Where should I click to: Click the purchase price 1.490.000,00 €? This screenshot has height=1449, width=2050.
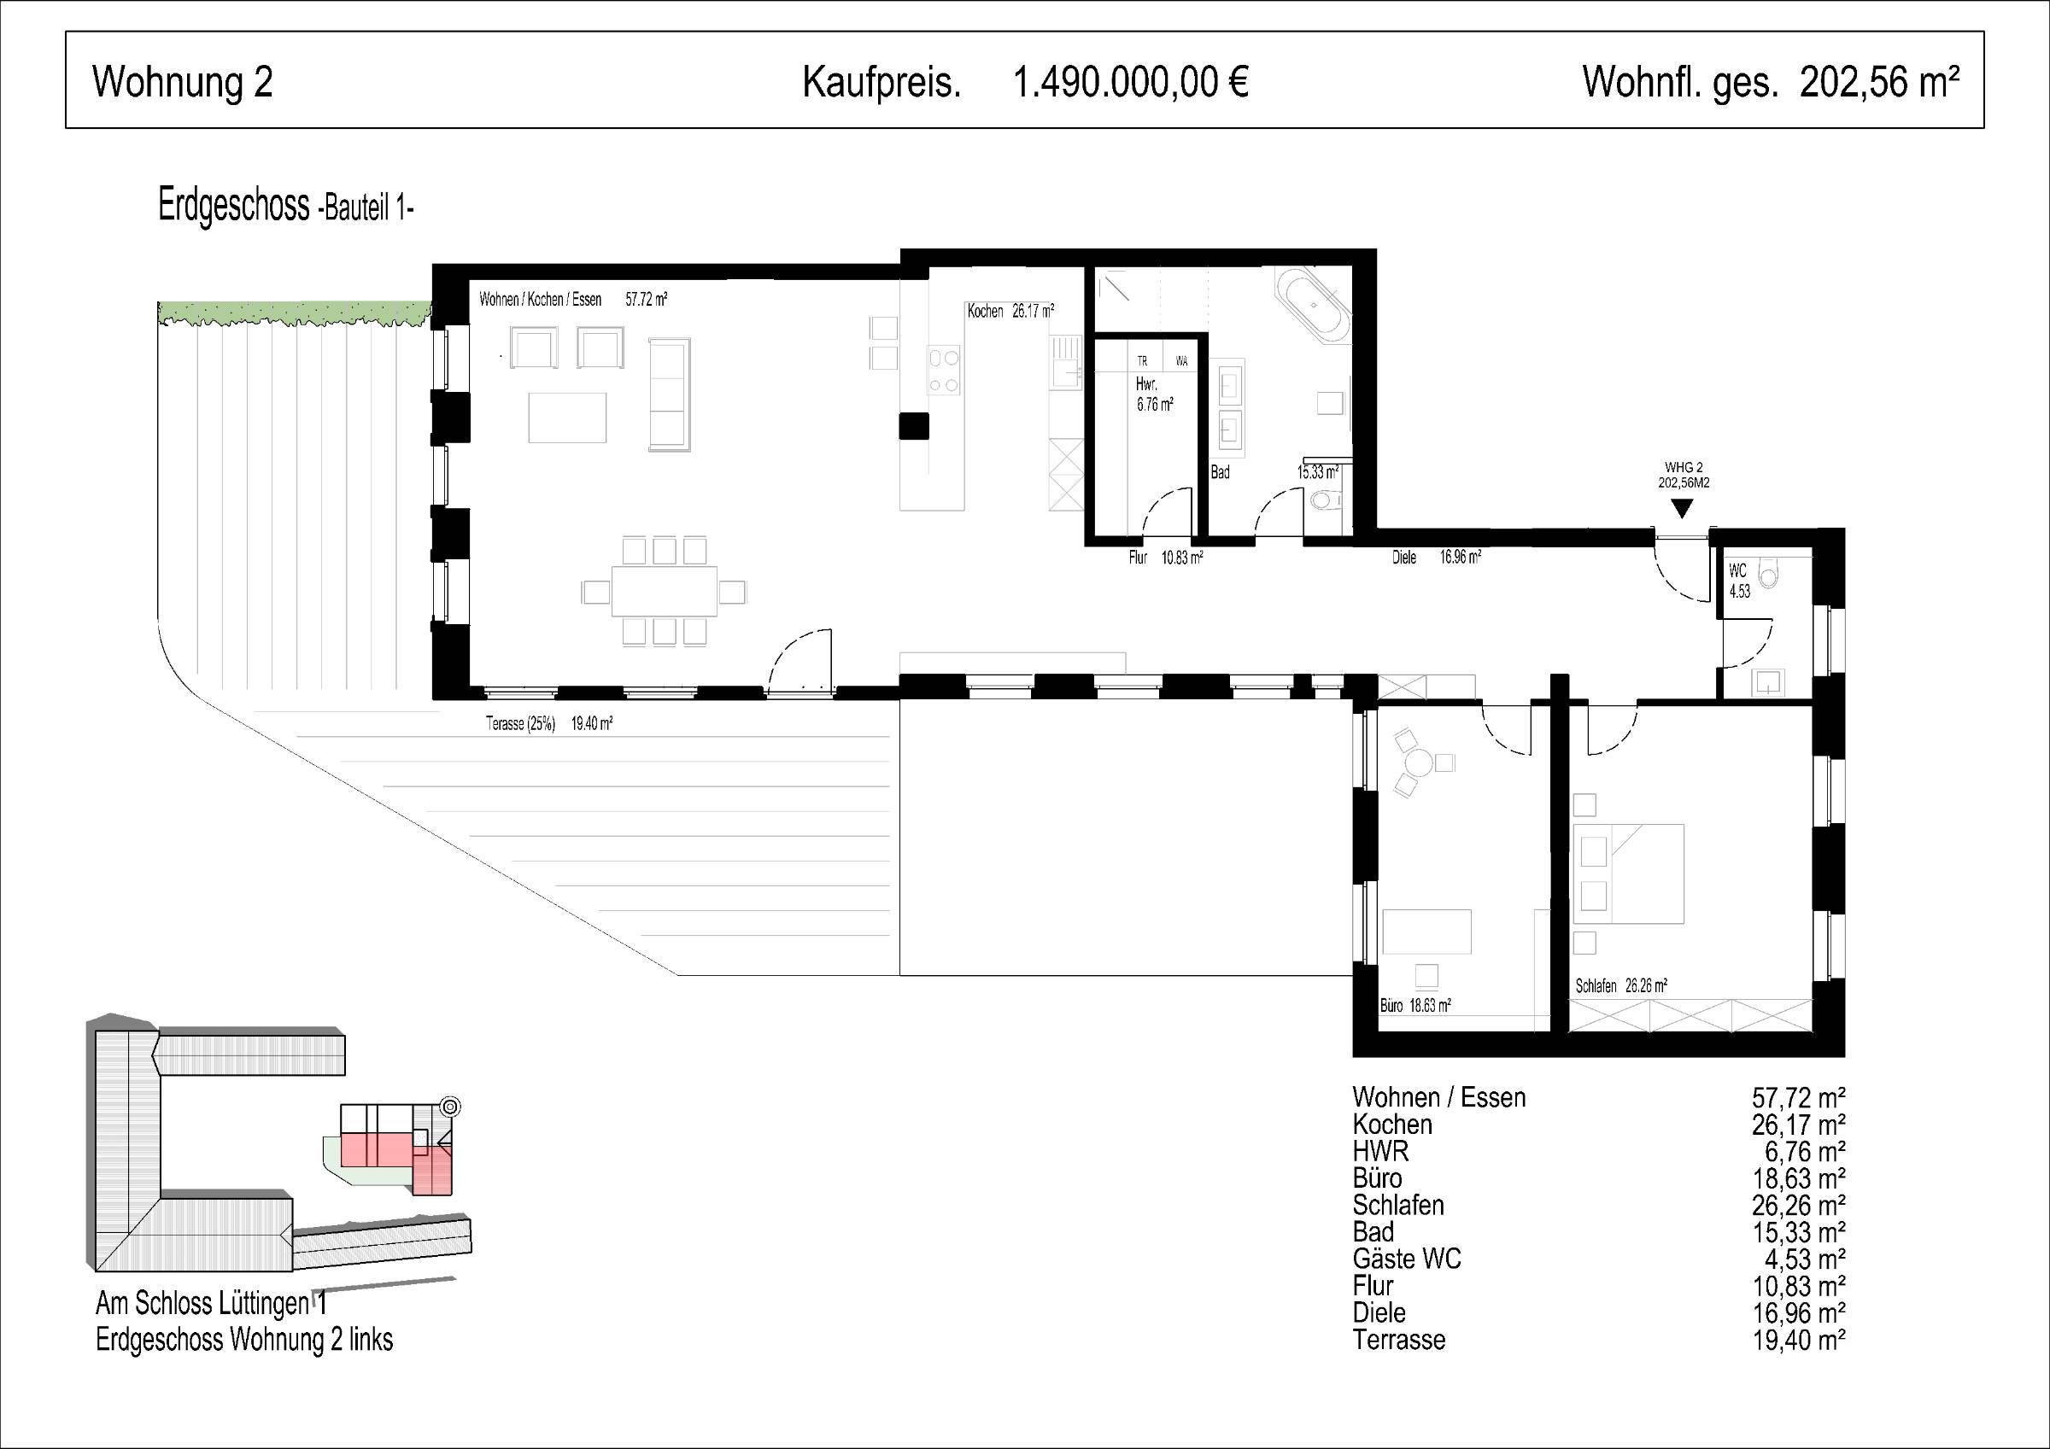[1130, 82]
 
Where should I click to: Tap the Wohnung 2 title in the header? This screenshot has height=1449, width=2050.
[182, 82]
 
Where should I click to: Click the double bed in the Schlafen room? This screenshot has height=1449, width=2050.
[1628, 873]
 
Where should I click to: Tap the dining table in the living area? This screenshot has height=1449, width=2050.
[665, 591]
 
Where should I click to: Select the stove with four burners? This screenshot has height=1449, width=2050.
[945, 371]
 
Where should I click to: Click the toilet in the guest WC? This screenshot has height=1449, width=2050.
[1768, 569]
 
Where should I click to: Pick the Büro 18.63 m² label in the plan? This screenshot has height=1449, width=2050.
[1415, 1005]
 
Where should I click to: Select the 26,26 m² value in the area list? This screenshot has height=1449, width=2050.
[1798, 1206]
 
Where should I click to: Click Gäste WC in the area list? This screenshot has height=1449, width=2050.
[1406, 1259]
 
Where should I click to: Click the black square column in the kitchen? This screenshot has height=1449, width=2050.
[914, 426]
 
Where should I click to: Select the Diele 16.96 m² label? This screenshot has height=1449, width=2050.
[1437, 558]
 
